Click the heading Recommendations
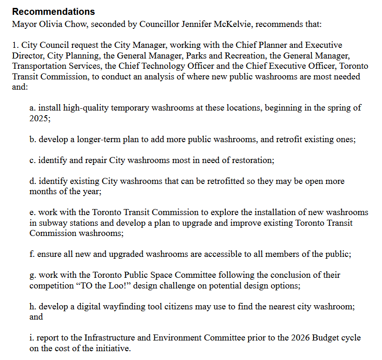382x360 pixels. point(53,12)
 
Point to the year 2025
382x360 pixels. point(38,118)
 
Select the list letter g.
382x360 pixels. point(32,275)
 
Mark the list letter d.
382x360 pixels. point(32,181)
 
